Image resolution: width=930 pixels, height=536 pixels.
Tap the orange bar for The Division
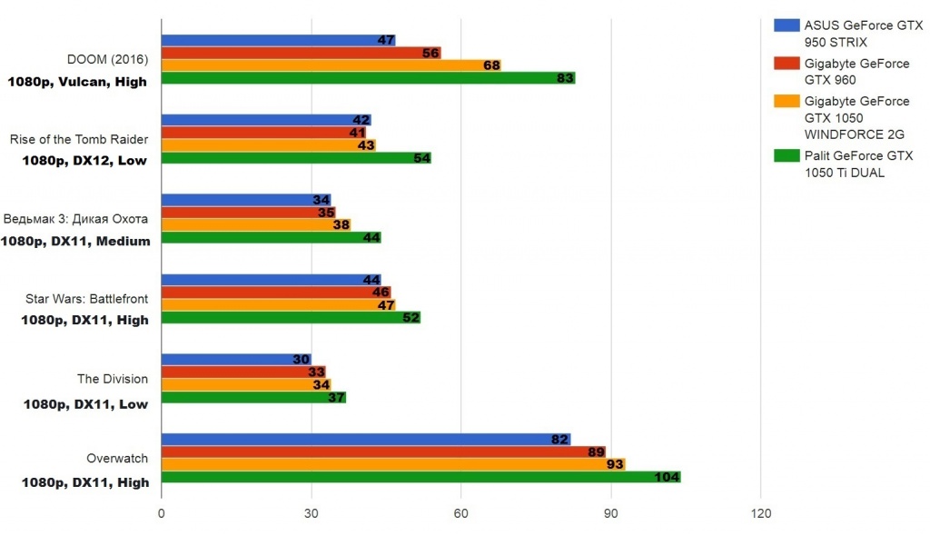[x=245, y=384]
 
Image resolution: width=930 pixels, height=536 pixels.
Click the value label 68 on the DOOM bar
[x=491, y=65]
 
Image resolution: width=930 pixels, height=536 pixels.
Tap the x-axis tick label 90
[x=610, y=515]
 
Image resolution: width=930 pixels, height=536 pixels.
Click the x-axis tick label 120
[x=761, y=515]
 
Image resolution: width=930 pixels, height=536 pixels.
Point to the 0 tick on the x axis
[x=162, y=515]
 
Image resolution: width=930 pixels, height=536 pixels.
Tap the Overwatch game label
[x=117, y=459]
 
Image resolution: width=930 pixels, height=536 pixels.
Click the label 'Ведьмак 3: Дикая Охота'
[x=76, y=219]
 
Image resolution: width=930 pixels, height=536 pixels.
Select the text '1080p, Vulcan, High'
[x=77, y=81]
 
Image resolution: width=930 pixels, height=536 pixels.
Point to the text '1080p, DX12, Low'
[x=84, y=161]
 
